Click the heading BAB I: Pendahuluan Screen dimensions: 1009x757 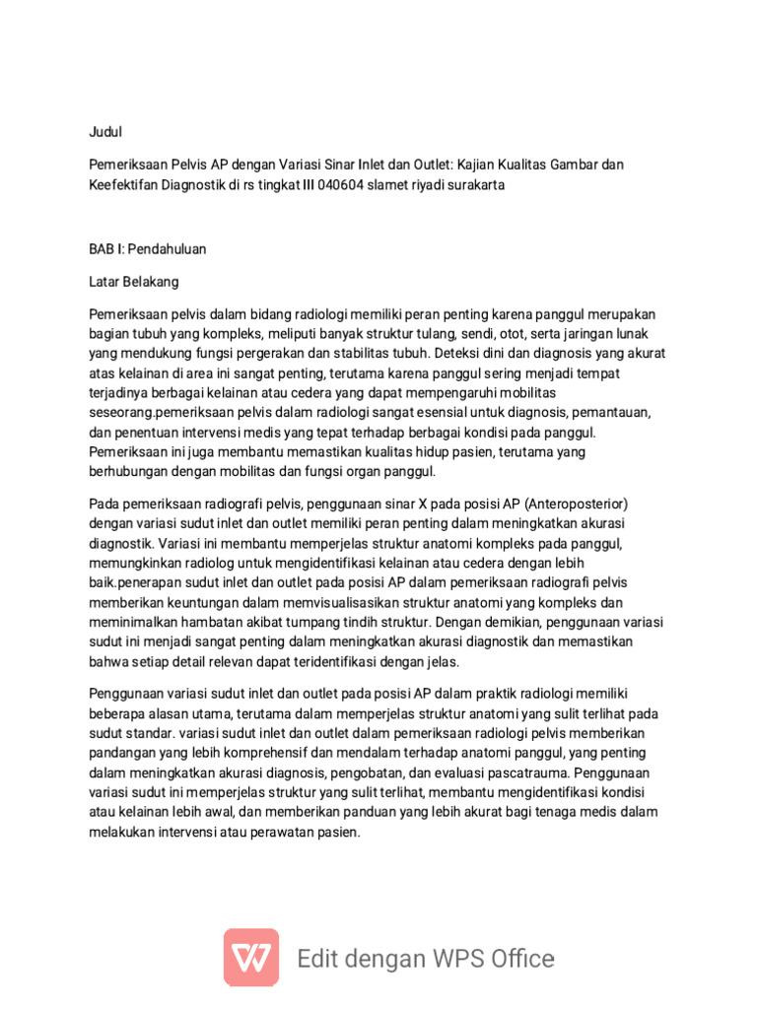point(148,249)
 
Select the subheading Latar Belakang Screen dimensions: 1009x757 point(134,282)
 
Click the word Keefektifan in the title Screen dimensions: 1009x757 point(129,185)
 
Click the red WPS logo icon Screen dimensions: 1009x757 point(251,957)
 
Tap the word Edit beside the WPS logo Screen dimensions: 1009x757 point(324,958)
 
